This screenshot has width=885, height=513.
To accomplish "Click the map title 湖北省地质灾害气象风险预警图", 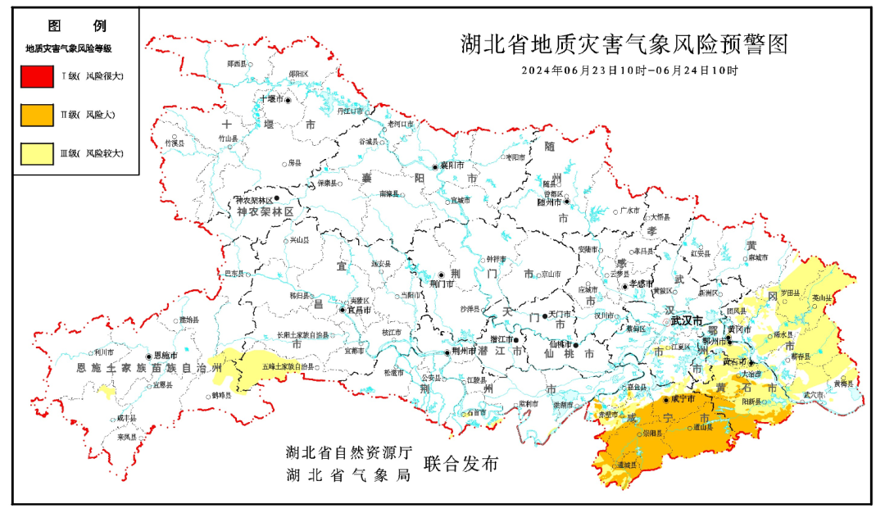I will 624,44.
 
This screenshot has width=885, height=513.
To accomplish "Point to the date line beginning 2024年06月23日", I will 629,70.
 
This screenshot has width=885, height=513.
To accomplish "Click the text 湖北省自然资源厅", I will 348,452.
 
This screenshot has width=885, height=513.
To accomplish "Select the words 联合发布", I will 461,464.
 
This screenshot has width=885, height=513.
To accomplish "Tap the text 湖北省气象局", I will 348,474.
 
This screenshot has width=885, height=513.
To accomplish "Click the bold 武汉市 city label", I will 686,321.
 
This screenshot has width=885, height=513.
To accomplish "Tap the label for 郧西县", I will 236,63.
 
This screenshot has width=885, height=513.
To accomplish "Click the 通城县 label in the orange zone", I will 628,465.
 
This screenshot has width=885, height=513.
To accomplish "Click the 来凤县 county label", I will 125,437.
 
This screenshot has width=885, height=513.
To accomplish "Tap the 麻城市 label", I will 759,257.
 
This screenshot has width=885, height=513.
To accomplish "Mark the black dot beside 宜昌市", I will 343,310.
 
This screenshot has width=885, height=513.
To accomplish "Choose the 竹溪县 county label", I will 175,143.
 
